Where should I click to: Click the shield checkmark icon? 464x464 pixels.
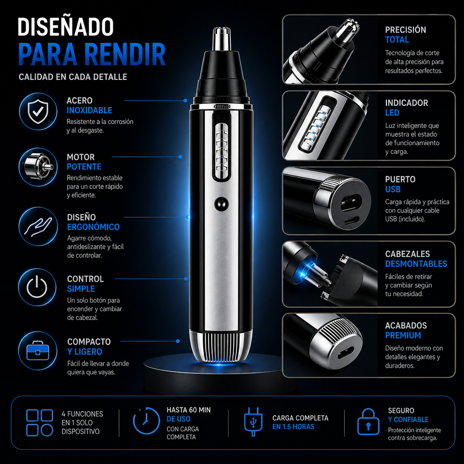tap(38, 112)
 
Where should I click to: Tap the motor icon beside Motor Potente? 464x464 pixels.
tap(38, 167)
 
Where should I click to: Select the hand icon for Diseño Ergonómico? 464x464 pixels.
tap(38, 226)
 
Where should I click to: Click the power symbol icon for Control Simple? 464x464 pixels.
tap(37, 287)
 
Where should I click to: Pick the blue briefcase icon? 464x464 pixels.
tap(38, 350)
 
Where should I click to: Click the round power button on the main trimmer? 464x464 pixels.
tap(222, 204)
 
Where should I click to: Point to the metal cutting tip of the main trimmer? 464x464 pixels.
tap(222, 39)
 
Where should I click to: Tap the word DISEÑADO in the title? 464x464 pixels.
tap(65, 27)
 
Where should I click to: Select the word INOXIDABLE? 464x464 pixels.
tap(89, 111)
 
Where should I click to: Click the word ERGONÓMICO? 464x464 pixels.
tap(93, 227)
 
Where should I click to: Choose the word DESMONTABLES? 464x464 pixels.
tap(416, 264)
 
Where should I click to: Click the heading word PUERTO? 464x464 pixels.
tap(400, 179)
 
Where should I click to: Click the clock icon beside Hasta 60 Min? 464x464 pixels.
tap(146, 421)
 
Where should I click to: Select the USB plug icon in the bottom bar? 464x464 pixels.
tap(253, 421)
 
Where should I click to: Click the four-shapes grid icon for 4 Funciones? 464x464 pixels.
tap(40, 423)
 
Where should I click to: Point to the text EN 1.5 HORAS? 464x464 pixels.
tap(293, 427)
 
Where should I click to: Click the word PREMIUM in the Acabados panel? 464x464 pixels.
tap(403, 335)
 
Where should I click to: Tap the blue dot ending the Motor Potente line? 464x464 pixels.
tap(180, 157)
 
